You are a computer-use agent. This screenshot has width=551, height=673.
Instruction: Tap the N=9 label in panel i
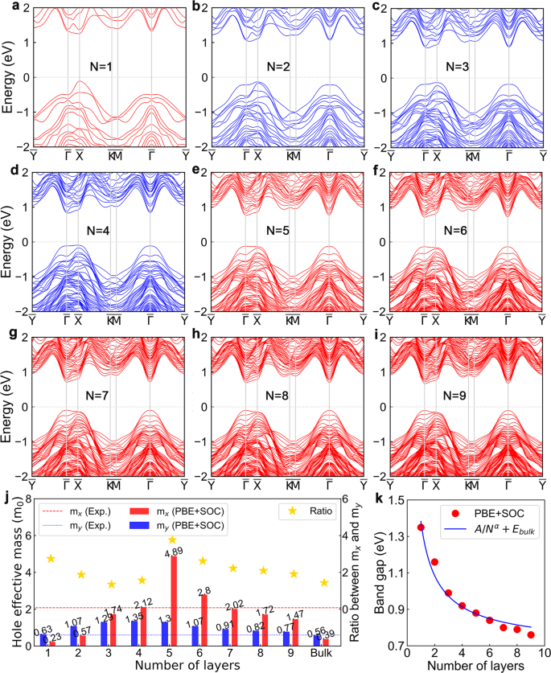(x=465, y=395)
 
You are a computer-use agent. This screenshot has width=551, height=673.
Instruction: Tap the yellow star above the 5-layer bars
(x=172, y=540)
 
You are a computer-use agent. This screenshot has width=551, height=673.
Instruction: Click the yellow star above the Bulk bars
(x=324, y=582)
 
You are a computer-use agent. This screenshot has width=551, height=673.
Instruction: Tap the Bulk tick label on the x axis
(x=324, y=656)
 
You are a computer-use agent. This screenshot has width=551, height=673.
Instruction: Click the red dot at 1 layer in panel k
(x=421, y=527)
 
